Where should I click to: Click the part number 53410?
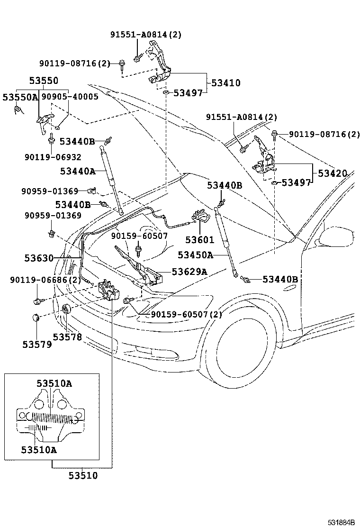pyautogui.click(x=225, y=83)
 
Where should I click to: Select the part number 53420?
pyautogui.click(x=332, y=173)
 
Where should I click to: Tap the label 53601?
pyautogui.click(x=199, y=240)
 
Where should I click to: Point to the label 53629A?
pyautogui.click(x=189, y=272)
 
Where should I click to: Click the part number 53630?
pyautogui.click(x=39, y=258)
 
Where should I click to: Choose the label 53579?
pyautogui.click(x=36, y=344)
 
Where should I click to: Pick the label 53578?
pyautogui.click(x=67, y=337)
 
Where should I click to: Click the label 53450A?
pyautogui.click(x=196, y=255)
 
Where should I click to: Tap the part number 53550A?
pyautogui.click(x=19, y=97)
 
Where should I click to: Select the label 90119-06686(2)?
pyautogui.click(x=45, y=280)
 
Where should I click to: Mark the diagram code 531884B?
pyautogui.click(x=341, y=522)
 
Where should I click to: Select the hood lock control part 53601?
pyautogui.click(x=201, y=218)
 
